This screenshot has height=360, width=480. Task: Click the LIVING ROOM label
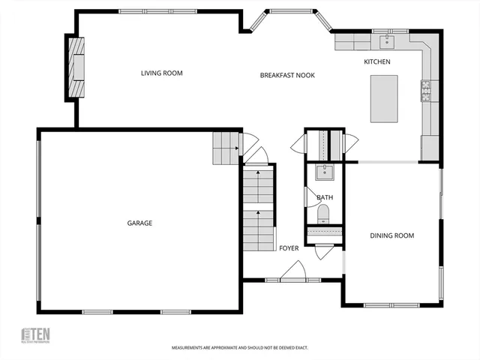pyautogui.click(x=162, y=73)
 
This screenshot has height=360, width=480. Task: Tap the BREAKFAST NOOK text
pyautogui.click(x=287, y=75)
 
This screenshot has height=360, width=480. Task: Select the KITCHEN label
pyautogui.click(x=377, y=61)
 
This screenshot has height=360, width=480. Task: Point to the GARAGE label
pyautogui.click(x=139, y=223)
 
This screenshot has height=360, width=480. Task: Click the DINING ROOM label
pyautogui.click(x=391, y=235)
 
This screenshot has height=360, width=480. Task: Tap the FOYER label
pyautogui.click(x=289, y=247)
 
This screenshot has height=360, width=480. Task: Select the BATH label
pyautogui.click(x=325, y=198)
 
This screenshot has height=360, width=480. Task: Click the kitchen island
pyautogui.click(x=384, y=98)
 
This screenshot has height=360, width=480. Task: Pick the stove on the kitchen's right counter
pyautogui.click(x=426, y=91)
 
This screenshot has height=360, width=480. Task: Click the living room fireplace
pyautogui.click(x=76, y=67)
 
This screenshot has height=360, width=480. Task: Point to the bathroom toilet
pyautogui.click(x=324, y=214)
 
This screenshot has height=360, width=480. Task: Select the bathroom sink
pyautogui.click(x=325, y=172)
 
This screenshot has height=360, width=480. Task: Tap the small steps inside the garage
pyautogui.click(x=225, y=148)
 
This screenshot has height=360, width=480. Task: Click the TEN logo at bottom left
pyautogui.click(x=35, y=335)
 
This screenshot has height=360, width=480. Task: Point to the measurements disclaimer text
pyautogui.click(x=239, y=348)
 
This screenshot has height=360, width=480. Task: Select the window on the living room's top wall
pyautogui.click(x=142, y=11)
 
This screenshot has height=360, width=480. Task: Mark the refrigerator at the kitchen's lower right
pyautogui.click(x=430, y=147)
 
